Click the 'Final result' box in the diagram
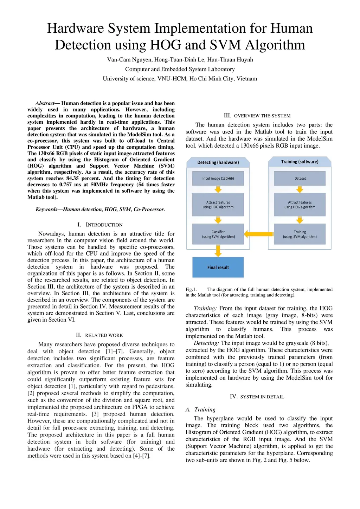coord(218,267)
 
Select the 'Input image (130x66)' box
coord(218,178)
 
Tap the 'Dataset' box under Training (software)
coord(300,178)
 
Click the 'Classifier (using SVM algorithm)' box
coord(218,234)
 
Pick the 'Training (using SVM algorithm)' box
coord(300,234)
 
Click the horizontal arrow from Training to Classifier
coord(259,234)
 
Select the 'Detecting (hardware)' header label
coord(218,162)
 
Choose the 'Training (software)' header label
coord(300,162)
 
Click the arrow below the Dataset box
coord(300,189)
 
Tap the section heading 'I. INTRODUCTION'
coord(100,225)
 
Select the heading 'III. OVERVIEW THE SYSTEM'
coord(257,116)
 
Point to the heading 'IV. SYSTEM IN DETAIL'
coord(257,397)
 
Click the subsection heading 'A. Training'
coord(200,410)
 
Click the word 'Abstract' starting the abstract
coord(45,103)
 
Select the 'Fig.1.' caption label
coord(191,290)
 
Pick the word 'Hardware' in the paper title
coord(76,28)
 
